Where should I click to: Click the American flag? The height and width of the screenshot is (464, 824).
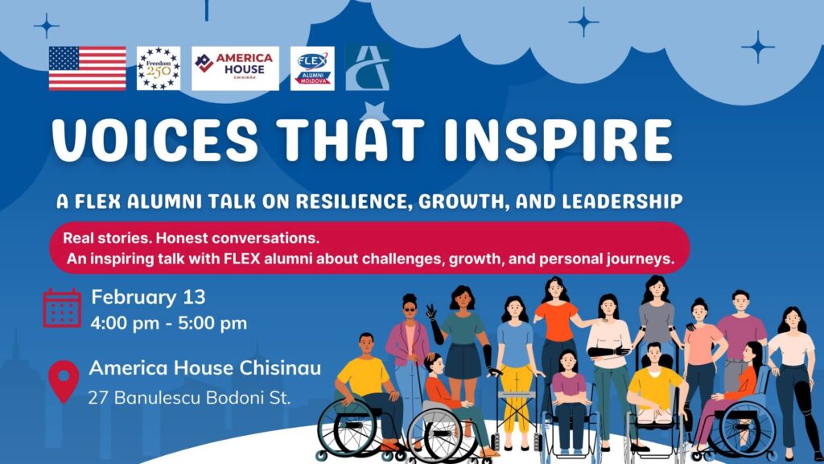click(x=87, y=68)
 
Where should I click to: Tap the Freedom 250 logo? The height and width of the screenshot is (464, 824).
click(x=159, y=68)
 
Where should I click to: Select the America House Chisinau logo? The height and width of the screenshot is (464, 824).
click(x=235, y=68)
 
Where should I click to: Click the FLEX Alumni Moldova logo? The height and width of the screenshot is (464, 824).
click(x=312, y=68)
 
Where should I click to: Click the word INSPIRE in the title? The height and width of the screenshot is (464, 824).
click(x=558, y=140)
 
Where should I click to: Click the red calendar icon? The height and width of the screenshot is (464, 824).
click(x=62, y=308)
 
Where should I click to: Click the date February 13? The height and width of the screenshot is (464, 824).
click(x=148, y=297)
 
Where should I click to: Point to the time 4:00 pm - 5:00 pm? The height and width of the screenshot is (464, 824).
click(x=169, y=323)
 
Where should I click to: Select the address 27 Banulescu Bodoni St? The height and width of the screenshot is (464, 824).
click(x=189, y=398)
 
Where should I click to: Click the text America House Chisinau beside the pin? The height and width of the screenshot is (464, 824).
click(x=205, y=367)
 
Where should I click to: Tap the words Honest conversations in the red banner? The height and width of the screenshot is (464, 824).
click(x=237, y=238)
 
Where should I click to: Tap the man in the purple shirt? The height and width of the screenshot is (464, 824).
click(x=740, y=337)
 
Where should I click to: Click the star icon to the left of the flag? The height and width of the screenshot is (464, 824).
click(x=46, y=25)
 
